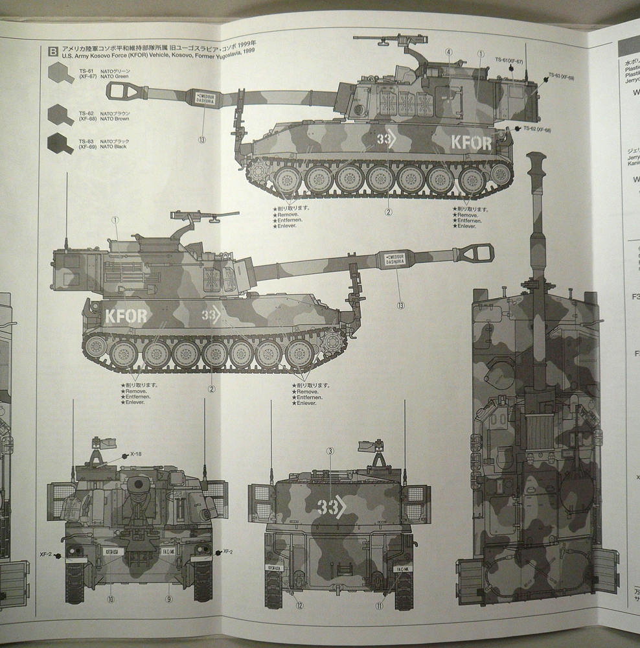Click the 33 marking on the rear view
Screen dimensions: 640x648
click(329, 507)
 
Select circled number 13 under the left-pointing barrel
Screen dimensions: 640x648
click(203, 139)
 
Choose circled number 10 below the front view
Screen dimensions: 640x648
click(111, 599)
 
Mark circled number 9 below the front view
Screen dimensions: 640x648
click(169, 599)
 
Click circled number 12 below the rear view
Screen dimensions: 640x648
click(299, 606)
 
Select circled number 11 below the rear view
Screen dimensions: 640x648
click(378, 606)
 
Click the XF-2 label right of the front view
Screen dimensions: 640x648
click(227, 551)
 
